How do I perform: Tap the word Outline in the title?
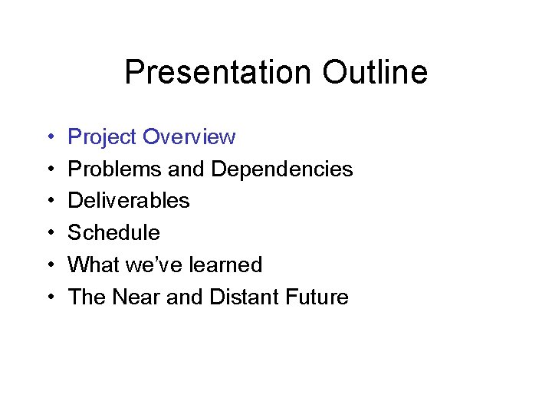(x=375, y=73)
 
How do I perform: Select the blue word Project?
(x=103, y=137)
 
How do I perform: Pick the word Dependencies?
(x=282, y=169)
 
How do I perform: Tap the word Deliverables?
(x=129, y=201)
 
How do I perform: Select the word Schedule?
(x=114, y=233)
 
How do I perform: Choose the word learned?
(x=225, y=265)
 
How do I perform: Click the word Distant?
(x=245, y=297)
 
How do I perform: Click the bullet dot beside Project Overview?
(x=49, y=138)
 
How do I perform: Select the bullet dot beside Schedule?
(x=49, y=234)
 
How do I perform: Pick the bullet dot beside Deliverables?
(x=49, y=202)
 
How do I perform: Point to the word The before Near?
(x=87, y=297)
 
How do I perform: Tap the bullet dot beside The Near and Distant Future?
(x=49, y=298)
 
